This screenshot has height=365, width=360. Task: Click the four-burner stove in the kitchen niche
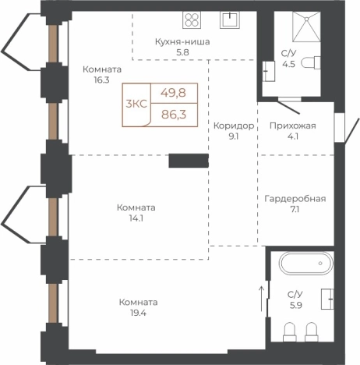point(192,19)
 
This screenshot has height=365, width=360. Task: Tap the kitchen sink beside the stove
point(230,19)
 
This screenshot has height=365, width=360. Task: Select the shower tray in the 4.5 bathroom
point(306,27)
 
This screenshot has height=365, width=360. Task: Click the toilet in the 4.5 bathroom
point(311,62)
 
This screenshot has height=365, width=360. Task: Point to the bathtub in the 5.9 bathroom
point(307,263)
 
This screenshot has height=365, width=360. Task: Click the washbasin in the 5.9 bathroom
point(327,299)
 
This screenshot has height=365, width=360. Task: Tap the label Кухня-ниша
point(182,41)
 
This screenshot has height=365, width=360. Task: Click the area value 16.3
point(101,80)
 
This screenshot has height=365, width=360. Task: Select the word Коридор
point(234,126)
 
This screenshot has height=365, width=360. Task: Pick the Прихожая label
point(293,126)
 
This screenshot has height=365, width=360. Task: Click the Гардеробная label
point(295,199)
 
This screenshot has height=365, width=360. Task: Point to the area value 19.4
point(138,313)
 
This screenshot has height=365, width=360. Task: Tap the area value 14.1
point(136,218)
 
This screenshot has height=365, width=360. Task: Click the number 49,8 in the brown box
point(173,93)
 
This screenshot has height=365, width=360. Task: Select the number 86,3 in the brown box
point(174,114)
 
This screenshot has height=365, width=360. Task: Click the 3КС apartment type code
point(136,104)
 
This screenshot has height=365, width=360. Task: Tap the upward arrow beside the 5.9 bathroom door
point(262,299)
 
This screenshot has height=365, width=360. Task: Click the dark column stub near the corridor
point(189,161)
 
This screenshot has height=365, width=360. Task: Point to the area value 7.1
point(295,209)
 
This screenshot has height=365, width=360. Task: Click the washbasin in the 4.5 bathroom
point(268,72)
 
